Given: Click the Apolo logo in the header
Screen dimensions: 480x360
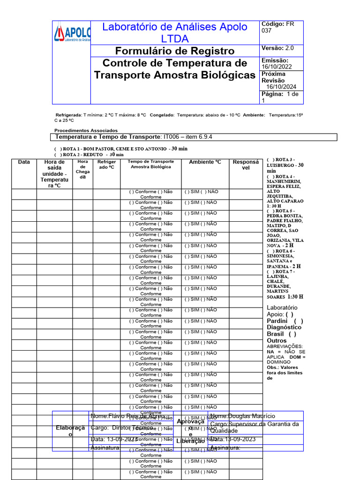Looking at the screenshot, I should tap(72, 34).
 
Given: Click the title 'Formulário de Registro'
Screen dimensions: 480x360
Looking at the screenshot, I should tap(175, 51).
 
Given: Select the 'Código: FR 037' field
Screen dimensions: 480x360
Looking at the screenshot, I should tap(281, 27).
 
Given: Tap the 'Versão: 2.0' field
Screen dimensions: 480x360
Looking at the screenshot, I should tap(277, 48).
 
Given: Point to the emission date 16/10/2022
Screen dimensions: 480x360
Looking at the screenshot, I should tap(277, 67).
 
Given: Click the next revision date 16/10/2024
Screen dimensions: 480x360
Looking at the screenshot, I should tap(281, 87).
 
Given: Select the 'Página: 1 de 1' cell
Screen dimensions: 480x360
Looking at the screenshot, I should tap(281, 97).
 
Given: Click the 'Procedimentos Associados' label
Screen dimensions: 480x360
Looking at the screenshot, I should tap(86, 130).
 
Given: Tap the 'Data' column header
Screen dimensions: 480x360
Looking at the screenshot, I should tap(24, 162).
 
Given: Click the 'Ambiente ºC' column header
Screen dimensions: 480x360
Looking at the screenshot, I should tap(205, 162).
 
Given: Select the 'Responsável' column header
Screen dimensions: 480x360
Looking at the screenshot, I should tap(246, 165).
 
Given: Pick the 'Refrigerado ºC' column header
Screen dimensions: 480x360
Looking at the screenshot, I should tap(106, 165).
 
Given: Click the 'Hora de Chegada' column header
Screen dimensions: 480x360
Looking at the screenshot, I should tap(82, 169).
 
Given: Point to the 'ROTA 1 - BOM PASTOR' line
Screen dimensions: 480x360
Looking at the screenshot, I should tap(121, 149).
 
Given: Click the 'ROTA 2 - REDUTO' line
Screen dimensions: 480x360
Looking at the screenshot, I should tap(89, 154).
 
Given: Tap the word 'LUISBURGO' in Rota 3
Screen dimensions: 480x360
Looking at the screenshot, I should tap(281, 165).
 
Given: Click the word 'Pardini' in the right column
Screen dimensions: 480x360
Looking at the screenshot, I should tap(277, 321).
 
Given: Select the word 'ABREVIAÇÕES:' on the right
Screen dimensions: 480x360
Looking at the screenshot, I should tap(285, 346).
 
